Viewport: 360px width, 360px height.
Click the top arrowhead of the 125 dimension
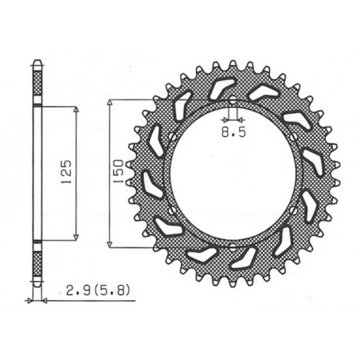coord(76,109)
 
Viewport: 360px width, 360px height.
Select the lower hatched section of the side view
coord(37,263)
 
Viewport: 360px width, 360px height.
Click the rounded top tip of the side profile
coord(37,60)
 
